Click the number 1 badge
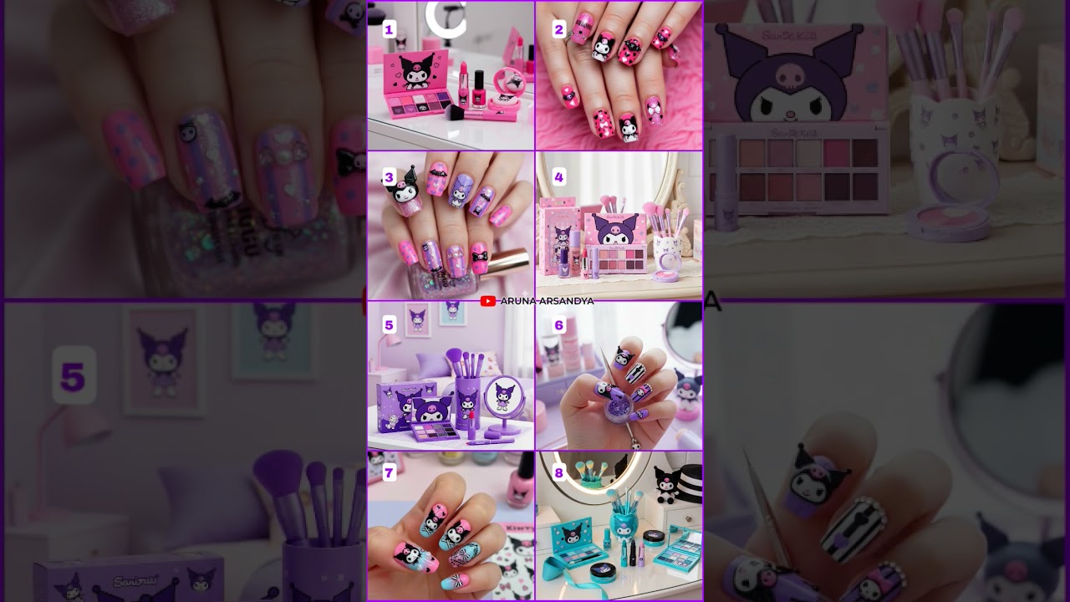coord(389,30)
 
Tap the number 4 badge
coord(559,177)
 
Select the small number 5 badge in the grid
coord(389,325)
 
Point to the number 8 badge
coord(559,473)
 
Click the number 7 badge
coord(389,473)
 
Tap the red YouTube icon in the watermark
coord(488,301)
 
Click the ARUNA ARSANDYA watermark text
coord(547,301)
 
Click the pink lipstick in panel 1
coord(461,84)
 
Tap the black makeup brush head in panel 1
coord(456,112)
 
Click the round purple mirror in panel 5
coord(504,397)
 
